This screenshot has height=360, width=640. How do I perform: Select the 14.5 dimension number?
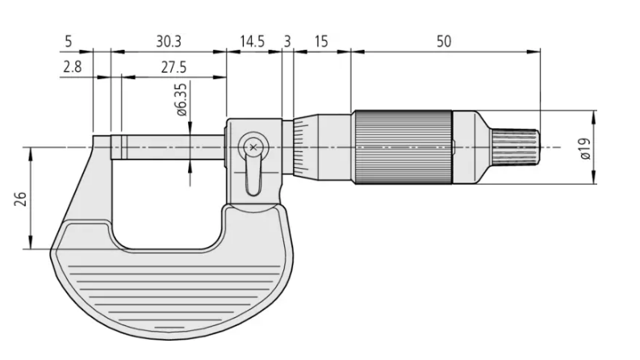[x=253, y=41]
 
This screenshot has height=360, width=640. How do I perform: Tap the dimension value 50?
[x=444, y=41]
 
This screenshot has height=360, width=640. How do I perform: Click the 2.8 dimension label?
[x=72, y=67]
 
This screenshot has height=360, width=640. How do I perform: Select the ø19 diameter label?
[x=584, y=148]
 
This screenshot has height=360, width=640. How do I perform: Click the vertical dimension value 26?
[x=19, y=199]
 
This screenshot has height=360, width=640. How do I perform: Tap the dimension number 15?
[x=321, y=41]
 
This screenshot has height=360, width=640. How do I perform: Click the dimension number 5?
[x=68, y=41]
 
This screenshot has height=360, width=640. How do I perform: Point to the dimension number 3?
[x=287, y=41]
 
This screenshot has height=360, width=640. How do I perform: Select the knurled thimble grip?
[x=400, y=148]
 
